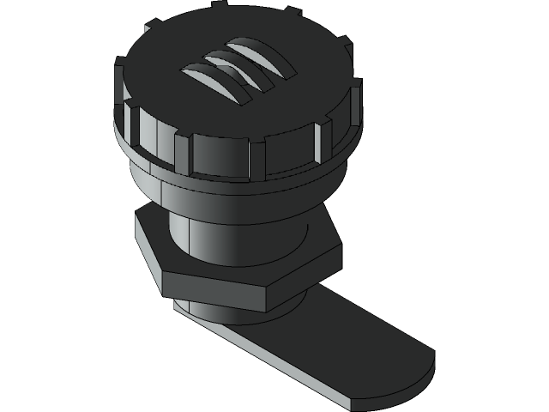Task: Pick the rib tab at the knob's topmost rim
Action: (292, 11)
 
